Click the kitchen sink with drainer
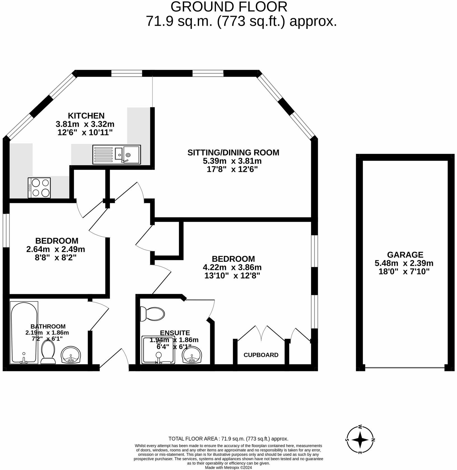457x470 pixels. click(x=116, y=154)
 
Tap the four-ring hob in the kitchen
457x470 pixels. click(x=39, y=187)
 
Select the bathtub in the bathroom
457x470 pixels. click(x=24, y=332)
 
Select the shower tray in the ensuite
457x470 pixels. click(x=158, y=350)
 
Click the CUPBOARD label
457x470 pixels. click(x=261, y=355)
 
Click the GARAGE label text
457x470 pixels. click(x=405, y=254)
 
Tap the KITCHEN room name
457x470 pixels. click(x=86, y=115)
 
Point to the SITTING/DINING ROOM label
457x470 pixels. click(x=233, y=152)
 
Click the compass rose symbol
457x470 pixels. click(x=360, y=440)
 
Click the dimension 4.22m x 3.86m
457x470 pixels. click(x=232, y=267)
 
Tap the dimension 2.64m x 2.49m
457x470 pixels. click(x=55, y=249)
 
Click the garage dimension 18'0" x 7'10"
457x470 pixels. click(x=404, y=271)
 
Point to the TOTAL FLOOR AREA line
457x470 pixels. click(x=228, y=439)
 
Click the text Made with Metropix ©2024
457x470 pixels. click(x=228, y=467)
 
